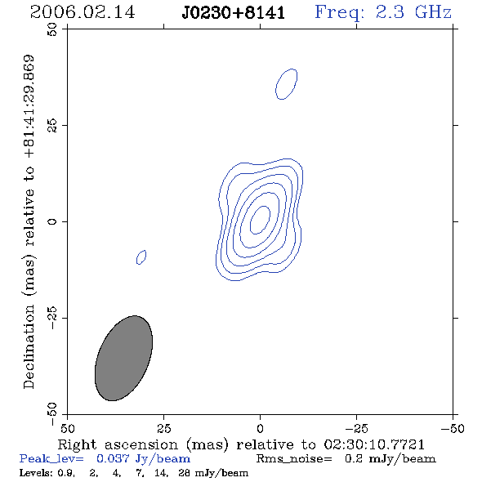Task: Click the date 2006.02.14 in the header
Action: [x=83, y=12]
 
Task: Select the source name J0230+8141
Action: [x=234, y=13]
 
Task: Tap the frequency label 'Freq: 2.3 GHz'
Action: [x=383, y=13]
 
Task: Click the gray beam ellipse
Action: [x=123, y=358]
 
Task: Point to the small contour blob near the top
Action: [x=286, y=84]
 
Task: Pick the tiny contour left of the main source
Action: [x=141, y=257]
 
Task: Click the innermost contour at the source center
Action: [x=260, y=220]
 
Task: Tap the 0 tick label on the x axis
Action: [x=260, y=428]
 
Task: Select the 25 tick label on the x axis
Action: [x=163, y=428]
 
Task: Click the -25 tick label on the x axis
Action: [x=356, y=428]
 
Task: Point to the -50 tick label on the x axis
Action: [x=453, y=428]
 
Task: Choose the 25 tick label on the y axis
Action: [x=52, y=126]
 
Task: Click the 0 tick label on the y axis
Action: [x=52, y=221]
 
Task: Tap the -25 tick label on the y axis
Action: [x=52, y=318]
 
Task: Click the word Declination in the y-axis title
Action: [x=29, y=346]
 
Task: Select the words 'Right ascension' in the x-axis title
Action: [x=118, y=444]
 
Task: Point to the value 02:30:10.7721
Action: [x=374, y=444]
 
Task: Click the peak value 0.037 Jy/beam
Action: [x=144, y=459]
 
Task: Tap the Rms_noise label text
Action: [x=294, y=459]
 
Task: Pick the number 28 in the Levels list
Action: [x=184, y=472]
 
